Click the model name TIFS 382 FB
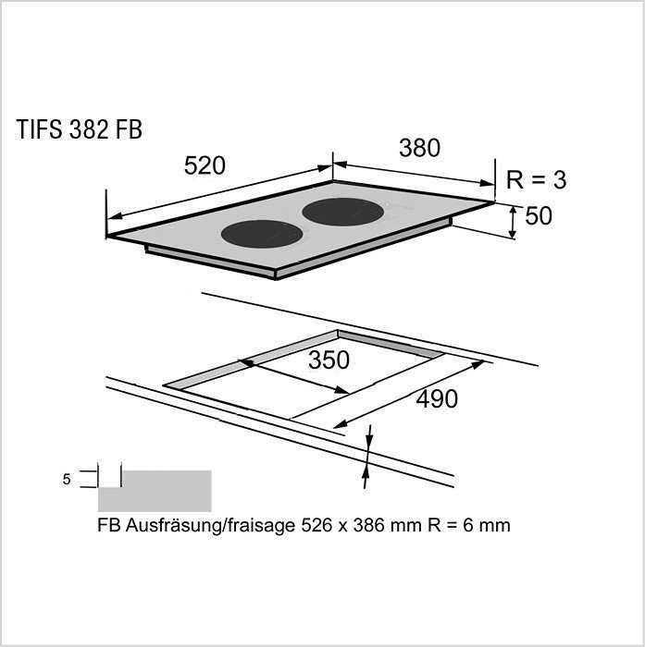[x=79, y=130]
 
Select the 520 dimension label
[x=205, y=166]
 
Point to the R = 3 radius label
[x=537, y=180]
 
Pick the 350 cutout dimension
[x=329, y=360]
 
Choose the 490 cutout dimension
[x=436, y=399]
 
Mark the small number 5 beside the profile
[x=67, y=480]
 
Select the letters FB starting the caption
[x=107, y=526]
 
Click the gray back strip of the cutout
[x=389, y=344]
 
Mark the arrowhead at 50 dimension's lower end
[x=515, y=235]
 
